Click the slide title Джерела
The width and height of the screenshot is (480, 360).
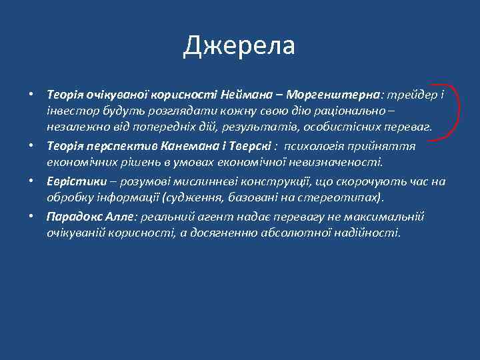click(x=239, y=46)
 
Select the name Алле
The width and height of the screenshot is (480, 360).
click(x=118, y=217)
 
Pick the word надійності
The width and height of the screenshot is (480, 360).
click(x=365, y=233)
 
